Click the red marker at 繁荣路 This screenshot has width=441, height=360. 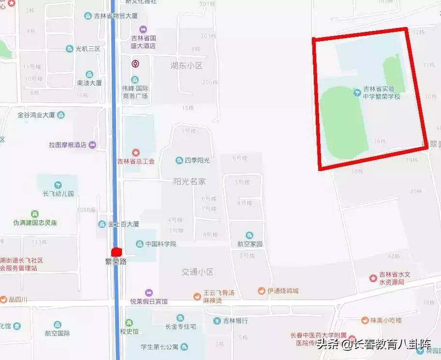click(116, 252)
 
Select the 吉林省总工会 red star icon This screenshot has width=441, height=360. click(136, 153)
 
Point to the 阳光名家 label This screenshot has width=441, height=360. click(190, 181)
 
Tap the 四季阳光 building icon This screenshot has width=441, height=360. click(179, 160)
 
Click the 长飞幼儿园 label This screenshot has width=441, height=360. click(58, 193)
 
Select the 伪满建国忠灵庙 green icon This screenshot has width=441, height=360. click(35, 214)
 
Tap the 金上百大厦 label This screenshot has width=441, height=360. click(123, 224)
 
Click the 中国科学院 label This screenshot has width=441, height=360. click(161, 244)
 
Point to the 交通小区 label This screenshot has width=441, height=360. click(197, 272)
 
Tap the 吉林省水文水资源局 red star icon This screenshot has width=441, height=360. click(373, 278)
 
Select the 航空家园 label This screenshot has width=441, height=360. click(250, 245)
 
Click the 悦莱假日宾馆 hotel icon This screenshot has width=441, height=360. click(148, 292)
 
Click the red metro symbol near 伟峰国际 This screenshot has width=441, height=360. click(136, 63)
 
